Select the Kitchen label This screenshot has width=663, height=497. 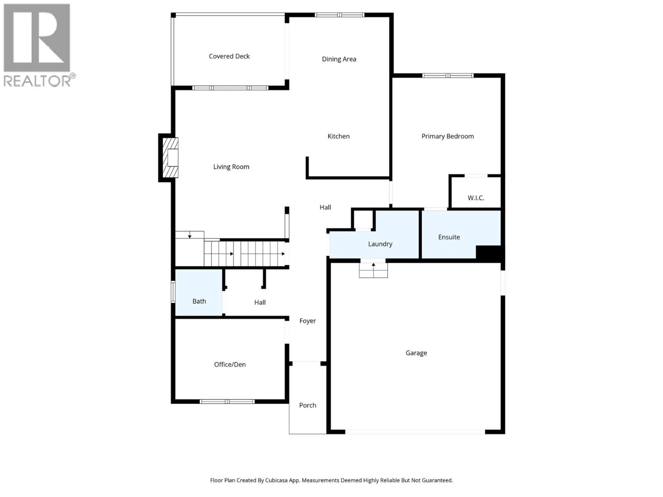coord(338,136)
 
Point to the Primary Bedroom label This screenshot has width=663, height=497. coord(448,136)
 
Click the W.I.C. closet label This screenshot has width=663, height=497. coord(476,198)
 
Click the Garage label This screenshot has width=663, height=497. coord(416,353)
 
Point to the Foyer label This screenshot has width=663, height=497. coord(308,321)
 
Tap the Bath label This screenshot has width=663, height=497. coord(199,301)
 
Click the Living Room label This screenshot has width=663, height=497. coord(231,167)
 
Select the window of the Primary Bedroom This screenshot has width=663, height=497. coord(448,75)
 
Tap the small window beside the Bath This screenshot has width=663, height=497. coord(173,291)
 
